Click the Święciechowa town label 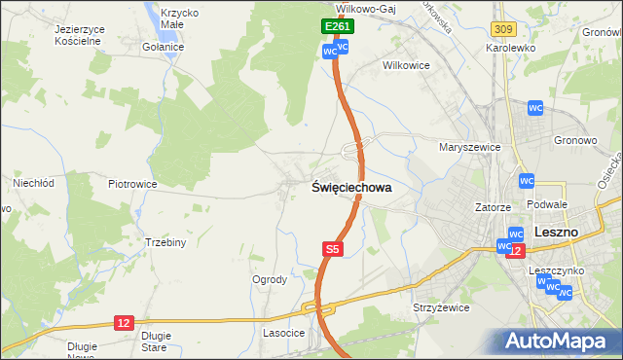tap(351, 188)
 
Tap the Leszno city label tap(558, 233)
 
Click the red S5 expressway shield tap(333, 249)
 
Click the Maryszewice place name tap(469, 147)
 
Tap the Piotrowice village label tap(132, 183)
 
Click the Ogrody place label tap(270, 279)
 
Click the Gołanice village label tap(163, 47)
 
